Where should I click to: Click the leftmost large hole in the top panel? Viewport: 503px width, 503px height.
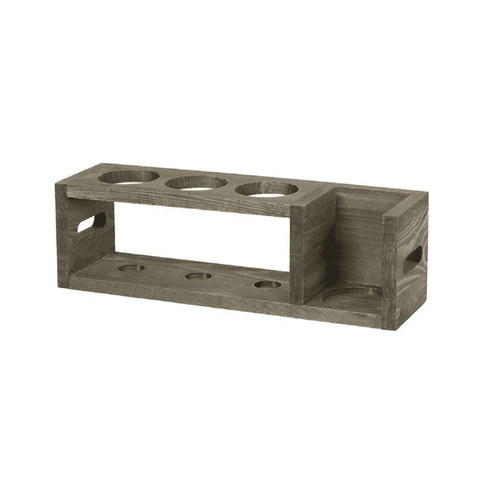(128, 176)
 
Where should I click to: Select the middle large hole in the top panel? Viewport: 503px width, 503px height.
(196, 183)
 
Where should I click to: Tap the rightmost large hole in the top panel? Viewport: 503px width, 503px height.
(266, 189)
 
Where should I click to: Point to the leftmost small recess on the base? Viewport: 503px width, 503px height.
(131, 268)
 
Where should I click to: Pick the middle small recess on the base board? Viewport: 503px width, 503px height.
(198, 276)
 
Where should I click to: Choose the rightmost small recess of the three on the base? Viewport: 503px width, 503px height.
(267, 284)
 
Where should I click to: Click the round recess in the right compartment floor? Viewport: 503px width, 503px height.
(352, 294)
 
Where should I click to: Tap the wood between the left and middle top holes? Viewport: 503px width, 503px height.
(163, 180)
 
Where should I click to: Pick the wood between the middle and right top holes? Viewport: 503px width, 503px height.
(232, 186)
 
